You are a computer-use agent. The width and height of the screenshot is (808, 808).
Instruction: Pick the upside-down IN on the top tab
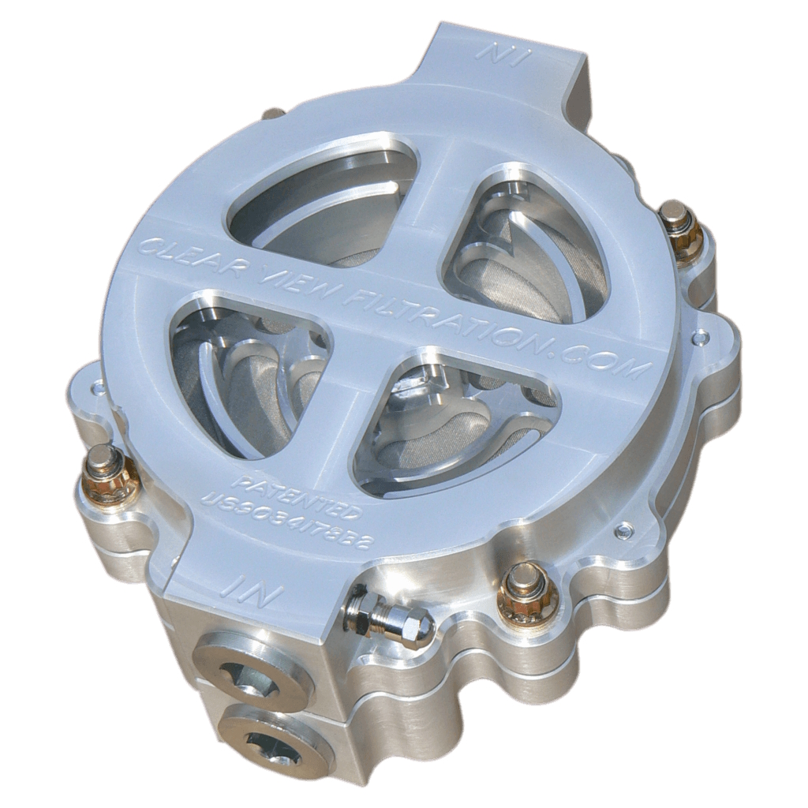pyautogui.click(x=502, y=57)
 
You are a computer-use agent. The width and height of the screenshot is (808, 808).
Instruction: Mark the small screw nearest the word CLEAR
pyautogui.click(x=98, y=388)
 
